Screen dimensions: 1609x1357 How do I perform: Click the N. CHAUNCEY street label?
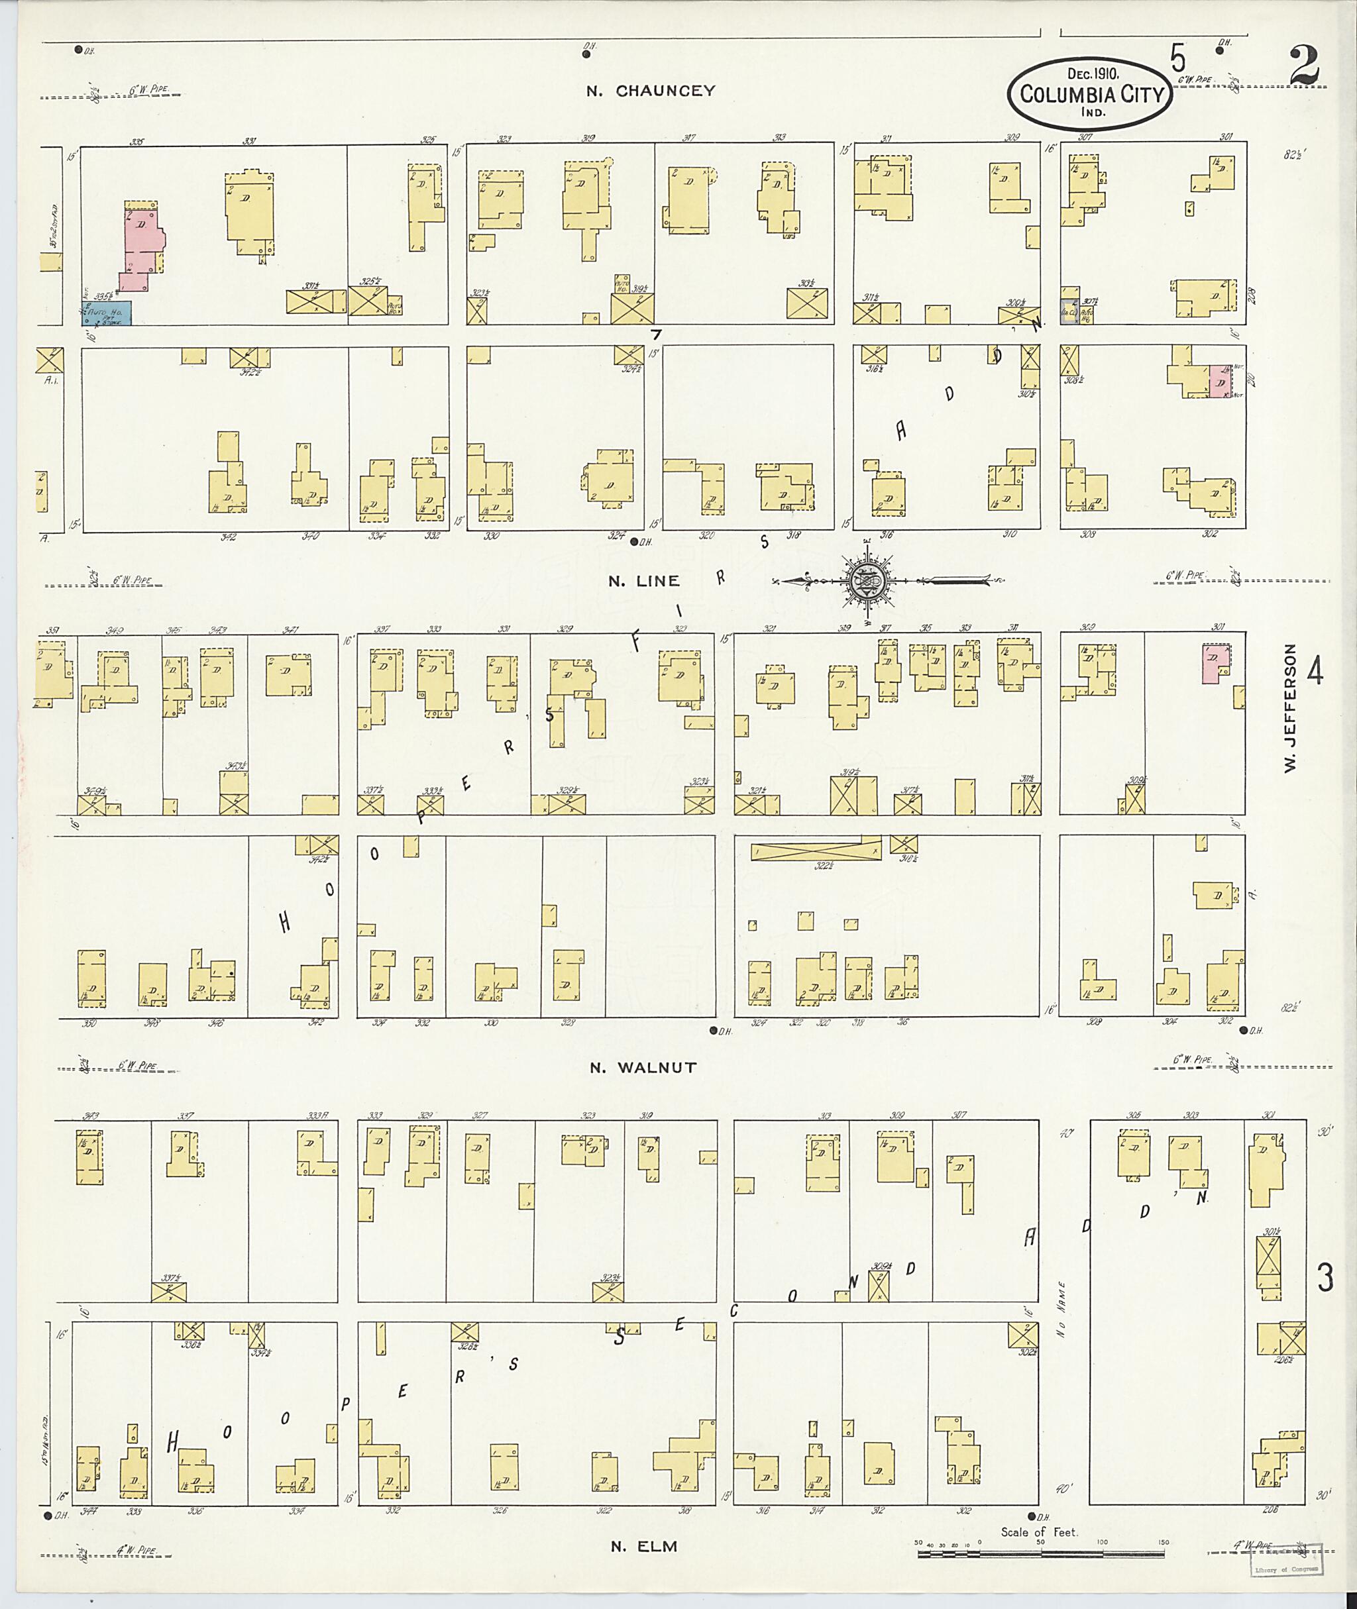[x=650, y=91]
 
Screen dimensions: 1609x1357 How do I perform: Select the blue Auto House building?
[x=107, y=313]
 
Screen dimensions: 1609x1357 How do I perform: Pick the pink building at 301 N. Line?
[x=1213, y=663]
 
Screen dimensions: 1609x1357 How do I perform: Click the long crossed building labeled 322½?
[x=816, y=851]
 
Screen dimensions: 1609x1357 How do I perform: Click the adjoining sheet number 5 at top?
[x=1177, y=58]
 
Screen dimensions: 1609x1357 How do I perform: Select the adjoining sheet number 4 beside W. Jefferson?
[x=1315, y=672]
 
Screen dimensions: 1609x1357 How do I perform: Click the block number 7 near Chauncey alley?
[x=655, y=335]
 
